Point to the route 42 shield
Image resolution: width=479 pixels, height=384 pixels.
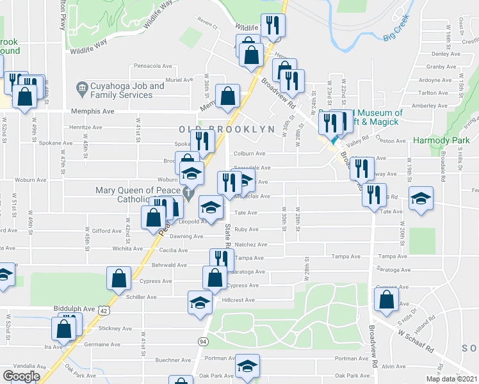[103, 310]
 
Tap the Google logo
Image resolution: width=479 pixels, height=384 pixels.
[21, 376]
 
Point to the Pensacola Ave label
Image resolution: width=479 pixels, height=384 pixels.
[153, 66]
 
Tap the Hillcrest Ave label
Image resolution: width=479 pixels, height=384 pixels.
[238, 300]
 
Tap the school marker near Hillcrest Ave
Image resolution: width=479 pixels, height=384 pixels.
[199, 301]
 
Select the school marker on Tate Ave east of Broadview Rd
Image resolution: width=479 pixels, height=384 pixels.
[421, 198]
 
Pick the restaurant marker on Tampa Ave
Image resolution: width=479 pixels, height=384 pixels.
[221, 260]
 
